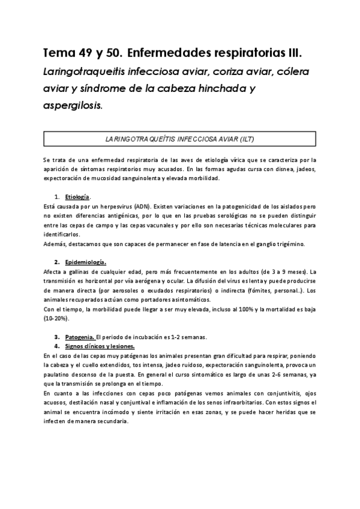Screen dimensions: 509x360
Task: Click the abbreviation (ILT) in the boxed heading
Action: coord(243,139)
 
